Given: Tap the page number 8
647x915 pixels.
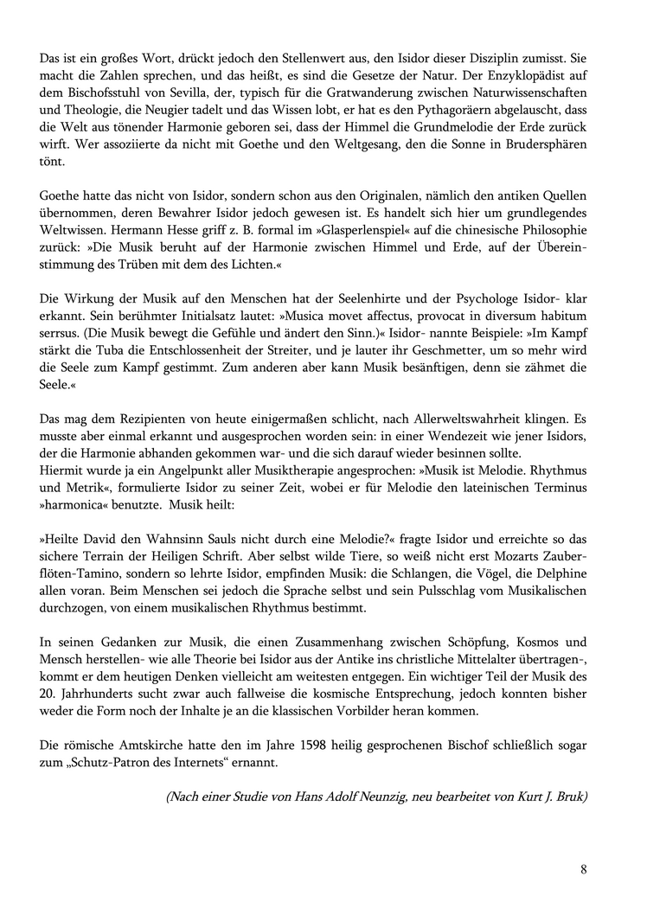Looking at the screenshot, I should pyautogui.click(x=584, y=869).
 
